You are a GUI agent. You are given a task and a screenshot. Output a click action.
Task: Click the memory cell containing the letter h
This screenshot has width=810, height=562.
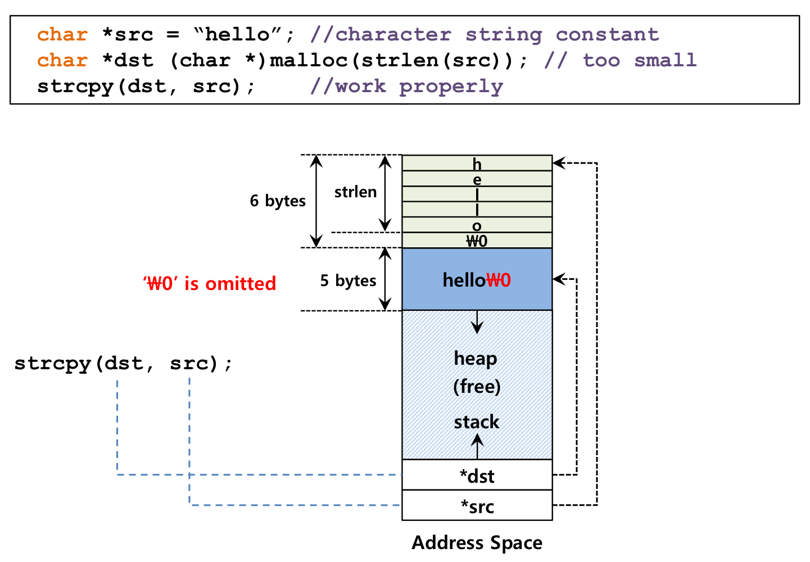tap(477, 163)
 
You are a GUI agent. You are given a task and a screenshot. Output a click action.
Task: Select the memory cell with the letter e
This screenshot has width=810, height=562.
tap(477, 179)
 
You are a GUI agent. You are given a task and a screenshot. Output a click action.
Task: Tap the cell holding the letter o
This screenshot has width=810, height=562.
tap(477, 225)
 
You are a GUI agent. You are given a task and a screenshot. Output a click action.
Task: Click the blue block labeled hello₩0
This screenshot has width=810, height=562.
tap(477, 279)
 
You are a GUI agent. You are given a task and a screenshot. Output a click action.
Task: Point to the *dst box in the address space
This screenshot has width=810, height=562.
tap(477, 475)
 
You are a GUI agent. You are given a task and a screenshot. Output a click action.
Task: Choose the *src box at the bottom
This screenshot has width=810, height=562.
tap(477, 505)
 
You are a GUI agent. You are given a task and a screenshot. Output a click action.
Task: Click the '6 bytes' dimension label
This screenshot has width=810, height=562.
tap(277, 201)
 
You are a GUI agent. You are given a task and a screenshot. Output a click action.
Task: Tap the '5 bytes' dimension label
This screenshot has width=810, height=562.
tap(348, 280)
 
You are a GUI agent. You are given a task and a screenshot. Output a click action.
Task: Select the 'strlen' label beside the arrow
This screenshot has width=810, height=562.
tap(355, 192)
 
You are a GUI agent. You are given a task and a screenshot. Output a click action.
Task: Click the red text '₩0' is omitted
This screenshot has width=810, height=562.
tap(210, 283)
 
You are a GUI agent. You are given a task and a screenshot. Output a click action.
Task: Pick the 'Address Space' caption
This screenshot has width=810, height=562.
tap(477, 542)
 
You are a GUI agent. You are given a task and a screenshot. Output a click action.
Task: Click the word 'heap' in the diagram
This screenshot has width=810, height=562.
tap(476, 359)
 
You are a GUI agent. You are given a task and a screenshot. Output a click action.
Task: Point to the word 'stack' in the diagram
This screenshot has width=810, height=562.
tap(477, 422)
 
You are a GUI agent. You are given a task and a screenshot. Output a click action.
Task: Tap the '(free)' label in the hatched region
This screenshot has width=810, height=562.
tap(477, 387)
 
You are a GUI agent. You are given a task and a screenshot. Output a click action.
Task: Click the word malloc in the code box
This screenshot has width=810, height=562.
tap(309, 60)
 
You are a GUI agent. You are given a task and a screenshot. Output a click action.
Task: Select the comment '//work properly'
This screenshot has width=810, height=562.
tap(407, 87)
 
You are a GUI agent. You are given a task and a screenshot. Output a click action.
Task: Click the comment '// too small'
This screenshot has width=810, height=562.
tap(621, 60)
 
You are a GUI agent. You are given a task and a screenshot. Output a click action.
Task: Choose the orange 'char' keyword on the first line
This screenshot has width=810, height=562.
tap(62, 35)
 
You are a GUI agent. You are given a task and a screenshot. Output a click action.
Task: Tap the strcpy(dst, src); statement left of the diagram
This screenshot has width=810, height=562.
tap(123, 364)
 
